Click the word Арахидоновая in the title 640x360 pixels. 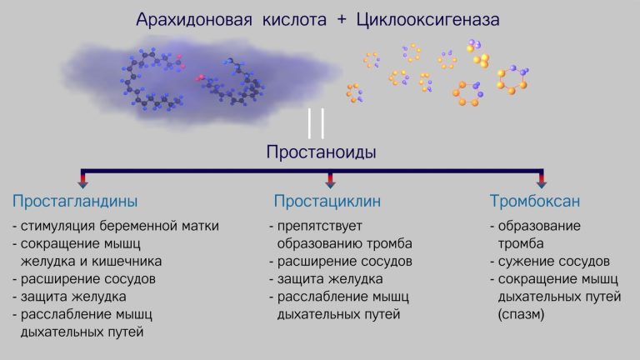pyautogui.click(x=194, y=20)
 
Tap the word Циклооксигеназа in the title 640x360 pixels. pyautogui.click(x=427, y=20)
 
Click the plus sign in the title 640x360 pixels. pyautogui.click(x=342, y=20)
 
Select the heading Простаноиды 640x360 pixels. pyautogui.click(x=321, y=152)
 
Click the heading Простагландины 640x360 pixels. pyautogui.click(x=75, y=201)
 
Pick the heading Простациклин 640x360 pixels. pyautogui.click(x=327, y=201)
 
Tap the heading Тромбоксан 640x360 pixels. pyautogui.click(x=535, y=201)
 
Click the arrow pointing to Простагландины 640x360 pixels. pyautogui.click(x=82, y=180)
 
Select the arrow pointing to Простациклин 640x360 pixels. pyautogui.click(x=330, y=180)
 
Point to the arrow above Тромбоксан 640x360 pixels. pyautogui.click(x=542, y=180)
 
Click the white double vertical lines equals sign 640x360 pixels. pyautogui.click(x=317, y=123)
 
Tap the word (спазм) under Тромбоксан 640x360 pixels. pyautogui.click(x=521, y=315)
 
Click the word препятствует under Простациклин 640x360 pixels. pyautogui.click(x=320, y=226)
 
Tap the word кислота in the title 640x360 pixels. pyautogui.click(x=294, y=20)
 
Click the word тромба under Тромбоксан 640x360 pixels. pyautogui.click(x=521, y=244)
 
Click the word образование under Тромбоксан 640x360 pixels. pyautogui.click(x=539, y=226)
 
